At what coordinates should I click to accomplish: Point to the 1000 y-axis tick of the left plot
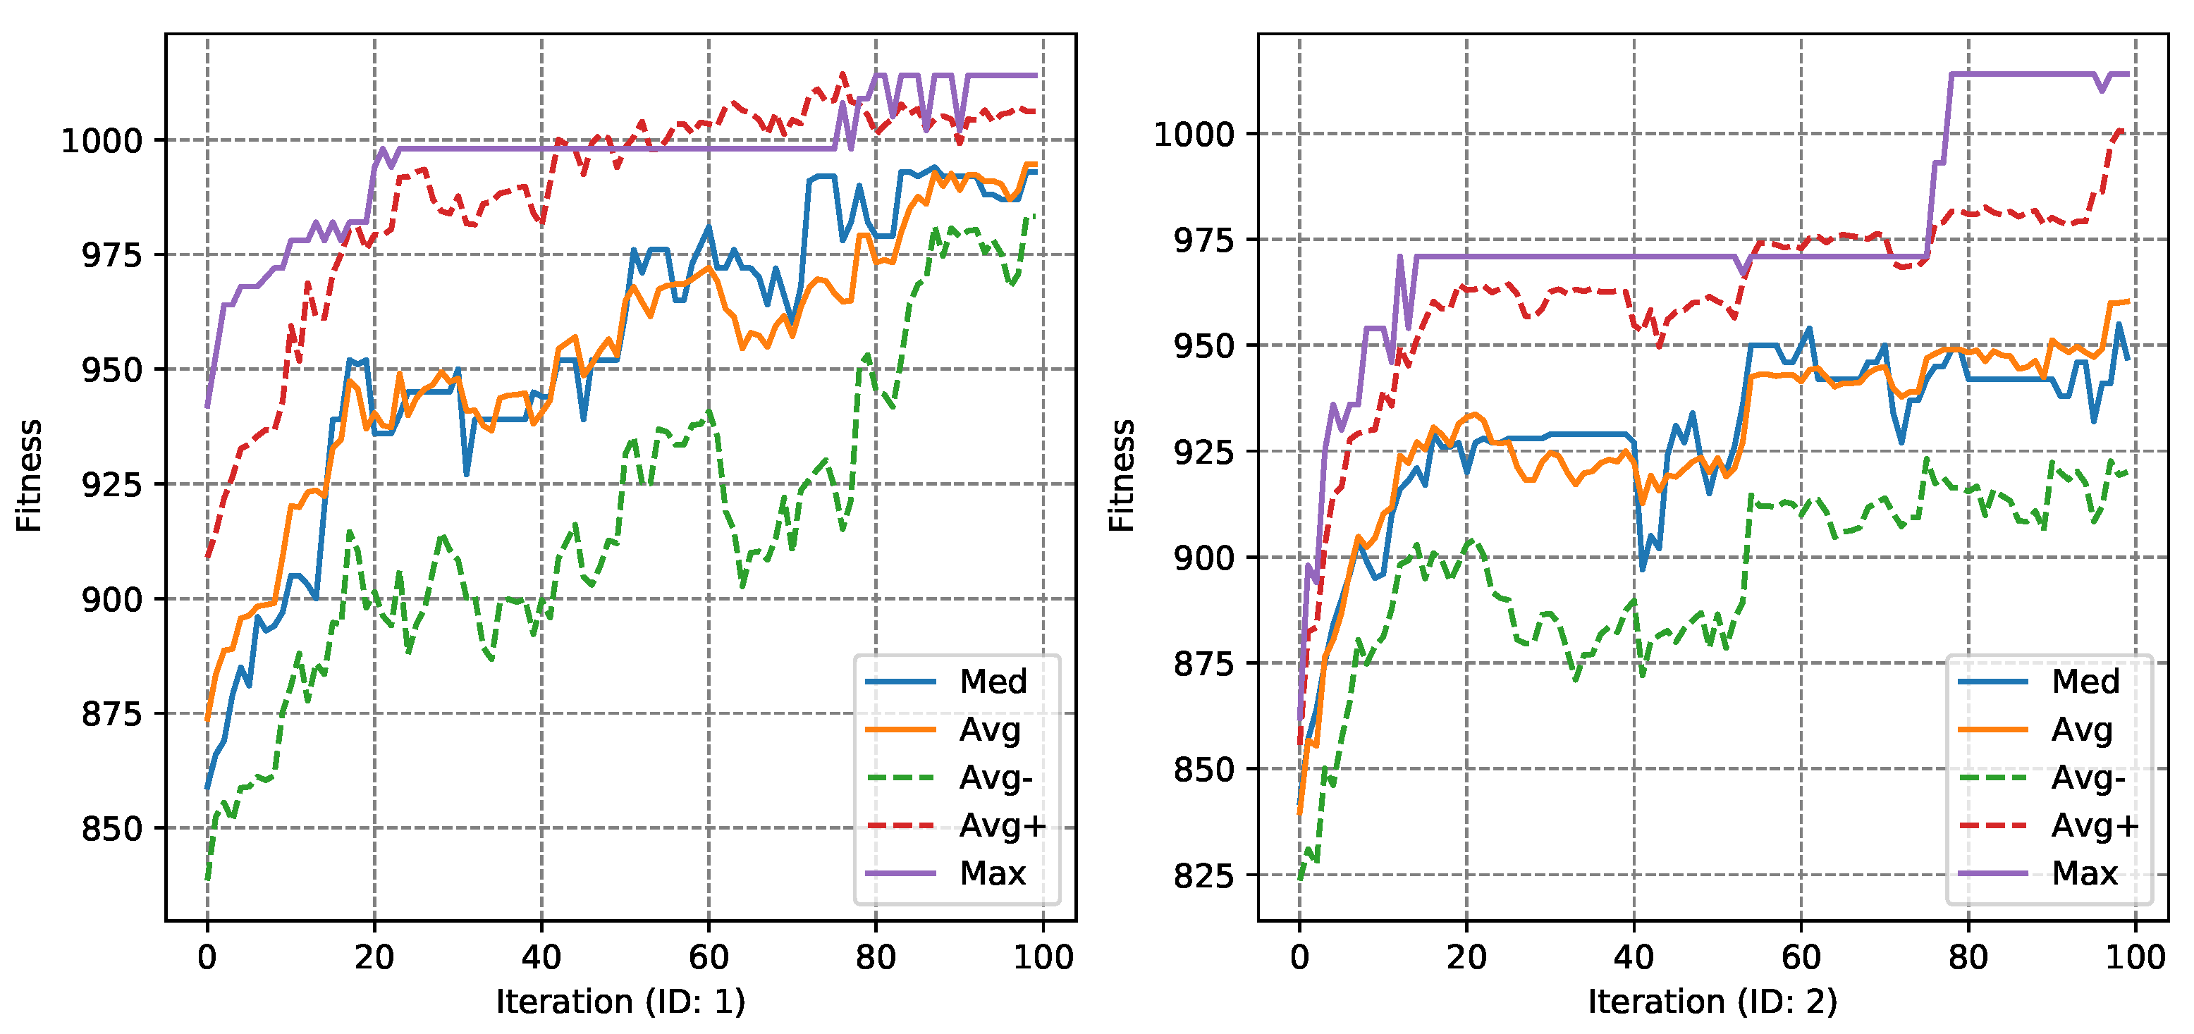(102, 140)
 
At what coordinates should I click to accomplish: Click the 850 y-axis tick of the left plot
(111, 829)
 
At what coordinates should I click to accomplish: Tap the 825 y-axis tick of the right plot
(1203, 875)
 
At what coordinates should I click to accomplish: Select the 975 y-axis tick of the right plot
(1203, 241)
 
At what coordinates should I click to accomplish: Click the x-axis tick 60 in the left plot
(709, 958)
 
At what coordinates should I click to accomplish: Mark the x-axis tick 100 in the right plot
(2135, 958)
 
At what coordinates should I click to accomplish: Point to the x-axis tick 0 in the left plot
(207, 958)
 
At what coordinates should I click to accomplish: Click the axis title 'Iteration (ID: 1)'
(621, 1002)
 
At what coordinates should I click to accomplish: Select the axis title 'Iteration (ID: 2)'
(1712, 1002)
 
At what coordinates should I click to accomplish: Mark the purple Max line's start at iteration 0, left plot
(207, 405)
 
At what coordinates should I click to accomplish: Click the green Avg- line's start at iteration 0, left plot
(207, 878)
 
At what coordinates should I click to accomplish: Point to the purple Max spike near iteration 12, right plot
(1399, 257)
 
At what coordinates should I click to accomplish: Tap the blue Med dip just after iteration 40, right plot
(1643, 568)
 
